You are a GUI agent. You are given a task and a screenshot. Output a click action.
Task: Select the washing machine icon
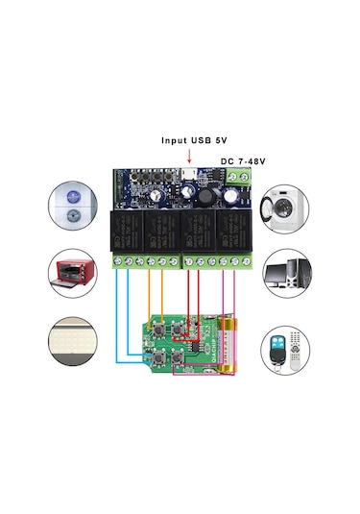point(285,207)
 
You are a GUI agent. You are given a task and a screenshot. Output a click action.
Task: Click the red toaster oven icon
point(74,273)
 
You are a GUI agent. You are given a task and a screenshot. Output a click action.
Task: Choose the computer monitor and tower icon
point(285,273)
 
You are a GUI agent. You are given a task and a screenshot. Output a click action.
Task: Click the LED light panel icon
point(74,342)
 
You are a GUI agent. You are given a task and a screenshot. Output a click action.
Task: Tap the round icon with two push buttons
point(74,207)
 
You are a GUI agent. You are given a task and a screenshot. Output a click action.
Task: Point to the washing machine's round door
point(283,210)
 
